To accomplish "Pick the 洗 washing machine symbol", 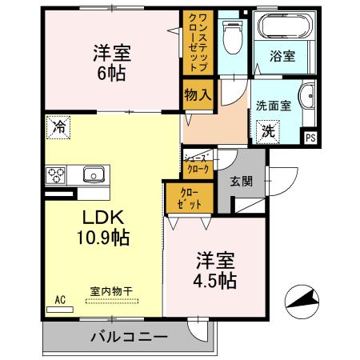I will (x=269, y=130).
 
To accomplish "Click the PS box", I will (x=310, y=138).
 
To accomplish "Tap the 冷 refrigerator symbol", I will (x=58, y=125).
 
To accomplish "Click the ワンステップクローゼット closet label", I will (x=196, y=42).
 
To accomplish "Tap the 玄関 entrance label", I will (x=242, y=181).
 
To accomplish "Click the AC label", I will (x=59, y=300).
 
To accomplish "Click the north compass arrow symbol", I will (x=303, y=301).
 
